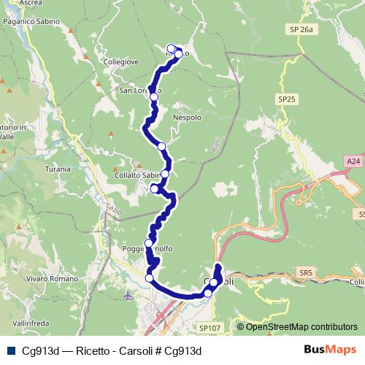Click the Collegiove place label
pos(119,62)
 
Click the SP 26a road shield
pos(300,29)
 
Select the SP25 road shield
pos(286,98)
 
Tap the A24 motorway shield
pos(353,161)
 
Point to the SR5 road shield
pos(305,272)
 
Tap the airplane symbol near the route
pos(128,296)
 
